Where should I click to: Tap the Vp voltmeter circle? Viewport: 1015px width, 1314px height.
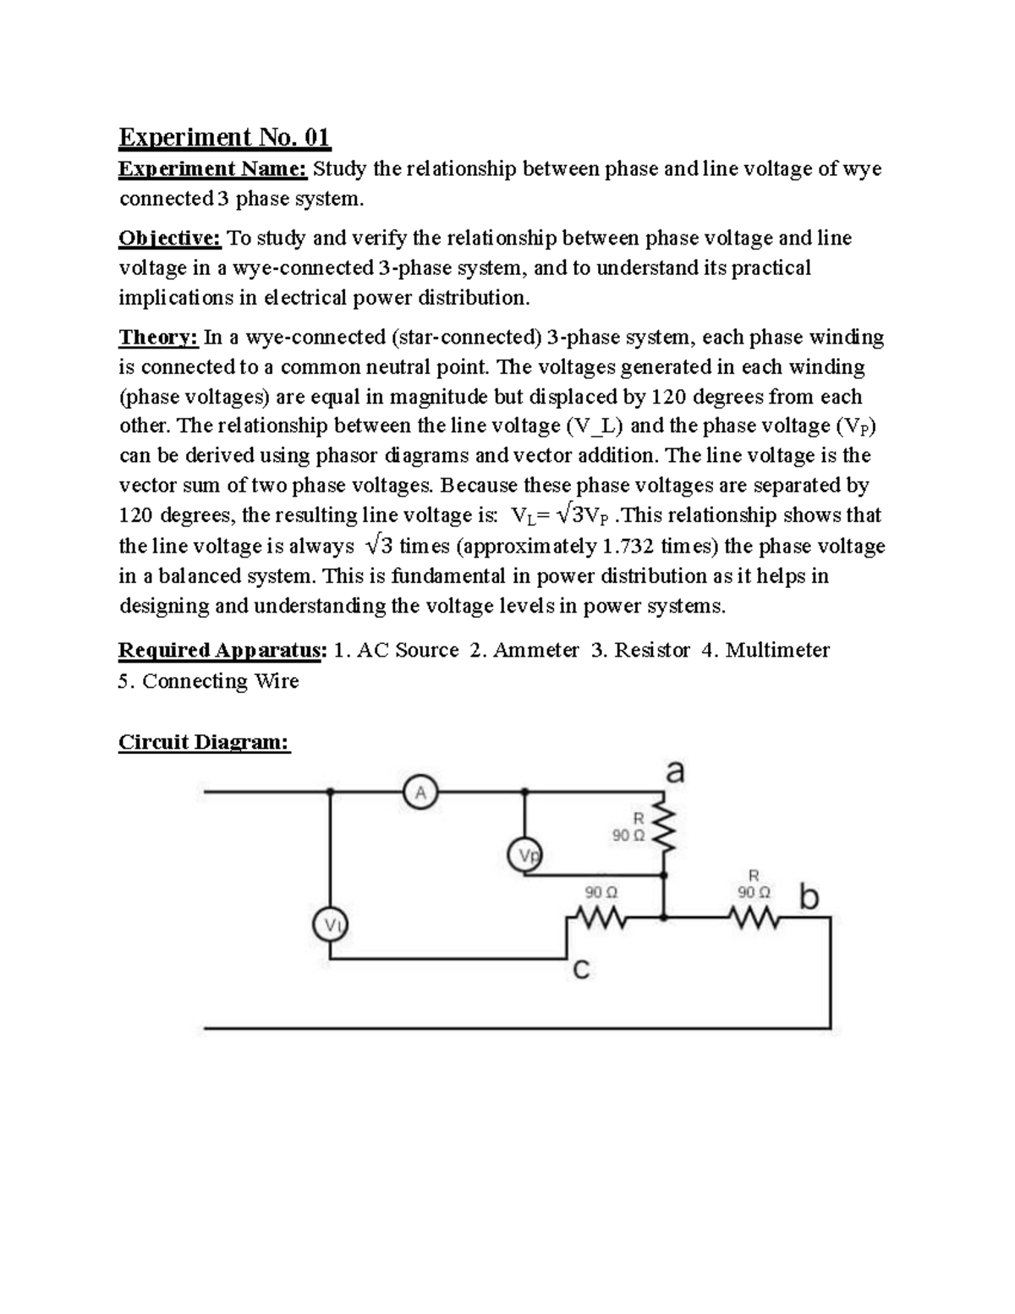tap(524, 855)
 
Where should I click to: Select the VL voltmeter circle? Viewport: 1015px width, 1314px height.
tap(331, 925)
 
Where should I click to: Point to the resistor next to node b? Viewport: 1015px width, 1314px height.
tap(752, 916)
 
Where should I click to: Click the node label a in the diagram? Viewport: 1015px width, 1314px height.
tap(675, 772)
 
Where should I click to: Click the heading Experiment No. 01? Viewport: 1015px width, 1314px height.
tap(224, 136)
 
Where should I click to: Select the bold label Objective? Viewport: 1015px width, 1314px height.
tap(169, 239)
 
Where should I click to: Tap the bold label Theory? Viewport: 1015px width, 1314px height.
tap(158, 338)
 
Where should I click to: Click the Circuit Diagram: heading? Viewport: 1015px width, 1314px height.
tap(204, 742)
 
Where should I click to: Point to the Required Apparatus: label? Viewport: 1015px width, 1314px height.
tap(222, 650)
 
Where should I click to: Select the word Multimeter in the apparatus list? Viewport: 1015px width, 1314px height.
tap(777, 650)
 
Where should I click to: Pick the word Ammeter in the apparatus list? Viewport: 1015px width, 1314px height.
tap(535, 650)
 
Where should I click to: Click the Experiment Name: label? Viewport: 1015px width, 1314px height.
tap(212, 169)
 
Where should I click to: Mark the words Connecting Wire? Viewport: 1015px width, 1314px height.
tap(220, 681)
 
